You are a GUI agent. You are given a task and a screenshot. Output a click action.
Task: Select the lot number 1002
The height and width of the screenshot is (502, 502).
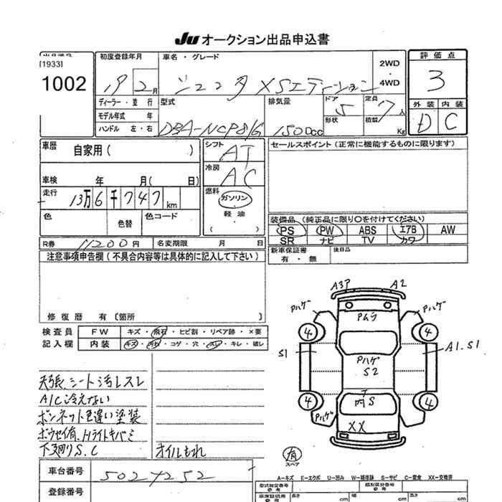point(64,84)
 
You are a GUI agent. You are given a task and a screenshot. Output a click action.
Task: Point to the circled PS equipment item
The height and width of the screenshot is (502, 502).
point(287,231)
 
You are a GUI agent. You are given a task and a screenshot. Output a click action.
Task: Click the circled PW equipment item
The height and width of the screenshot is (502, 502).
point(326,231)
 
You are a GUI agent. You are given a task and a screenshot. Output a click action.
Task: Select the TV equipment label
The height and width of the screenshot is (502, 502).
point(367,241)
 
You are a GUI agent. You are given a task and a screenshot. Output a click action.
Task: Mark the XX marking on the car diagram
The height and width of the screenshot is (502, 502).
point(356,426)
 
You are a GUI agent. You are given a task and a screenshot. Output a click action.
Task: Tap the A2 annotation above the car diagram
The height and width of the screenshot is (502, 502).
point(399,285)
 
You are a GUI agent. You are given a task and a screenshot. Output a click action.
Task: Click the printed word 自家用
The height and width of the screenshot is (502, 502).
point(88,151)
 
